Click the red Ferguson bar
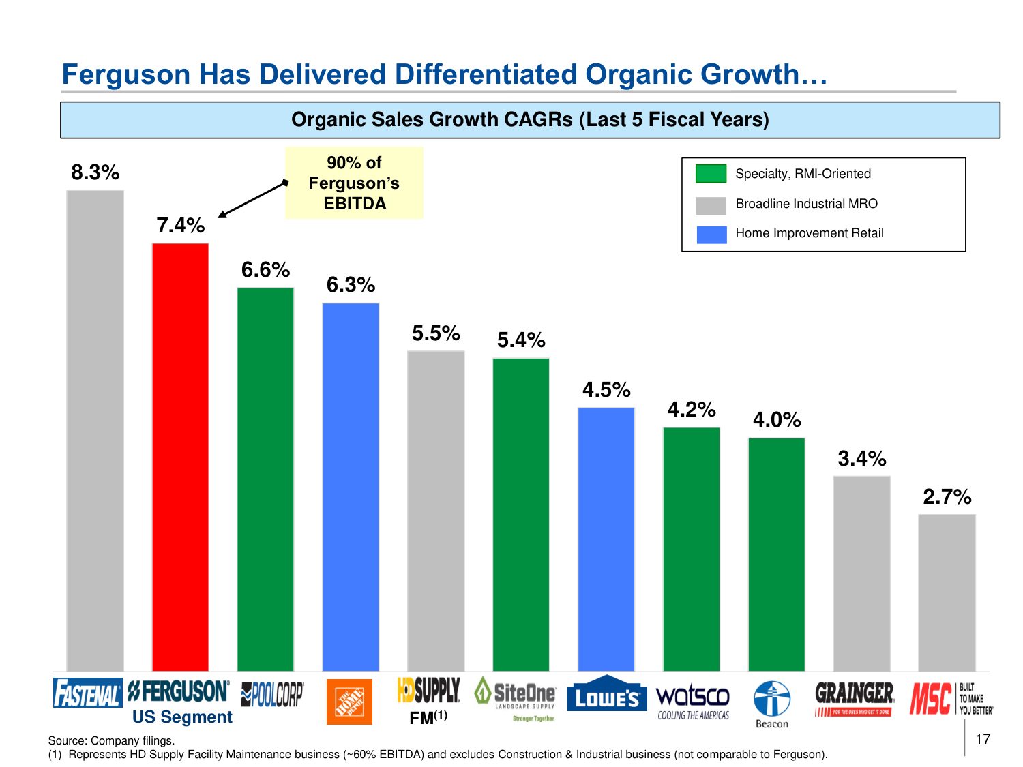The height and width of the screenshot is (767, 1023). pyautogui.click(x=180, y=457)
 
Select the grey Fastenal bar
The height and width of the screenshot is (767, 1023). pyautogui.click(x=95, y=430)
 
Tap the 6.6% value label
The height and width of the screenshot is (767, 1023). pyautogui.click(x=265, y=270)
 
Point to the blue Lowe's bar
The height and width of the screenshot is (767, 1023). pyautogui.click(x=606, y=539)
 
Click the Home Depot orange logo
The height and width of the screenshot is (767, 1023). pyautogui.click(x=349, y=702)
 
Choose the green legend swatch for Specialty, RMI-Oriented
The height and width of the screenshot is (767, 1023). pyautogui.click(x=711, y=174)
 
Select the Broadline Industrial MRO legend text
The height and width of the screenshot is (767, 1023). pyautogui.click(x=806, y=204)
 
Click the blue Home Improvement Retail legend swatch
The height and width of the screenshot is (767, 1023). pyautogui.click(x=711, y=234)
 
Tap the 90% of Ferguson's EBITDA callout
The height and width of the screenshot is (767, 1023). pyautogui.click(x=354, y=183)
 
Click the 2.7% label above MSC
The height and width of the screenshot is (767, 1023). pyautogui.click(x=947, y=497)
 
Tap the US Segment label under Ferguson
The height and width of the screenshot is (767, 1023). pyautogui.click(x=182, y=717)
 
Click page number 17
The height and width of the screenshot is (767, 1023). pyautogui.click(x=983, y=739)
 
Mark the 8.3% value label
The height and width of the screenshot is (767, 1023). pyautogui.click(x=95, y=172)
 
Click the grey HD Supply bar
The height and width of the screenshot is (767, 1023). pyautogui.click(x=436, y=511)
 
